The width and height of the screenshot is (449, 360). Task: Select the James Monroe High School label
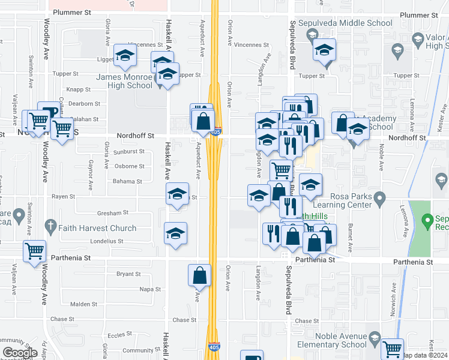point(124,80)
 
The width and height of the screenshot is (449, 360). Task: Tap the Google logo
point(20,353)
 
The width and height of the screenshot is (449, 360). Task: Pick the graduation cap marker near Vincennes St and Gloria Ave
point(125,56)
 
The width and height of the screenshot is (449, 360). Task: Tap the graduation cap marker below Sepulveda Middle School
point(324,50)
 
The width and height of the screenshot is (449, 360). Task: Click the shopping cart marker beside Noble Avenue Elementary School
point(392,349)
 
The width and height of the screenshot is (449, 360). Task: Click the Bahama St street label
point(128,181)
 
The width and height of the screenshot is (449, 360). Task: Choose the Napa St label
point(147,289)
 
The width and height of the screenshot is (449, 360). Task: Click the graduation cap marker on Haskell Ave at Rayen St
point(177,194)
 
